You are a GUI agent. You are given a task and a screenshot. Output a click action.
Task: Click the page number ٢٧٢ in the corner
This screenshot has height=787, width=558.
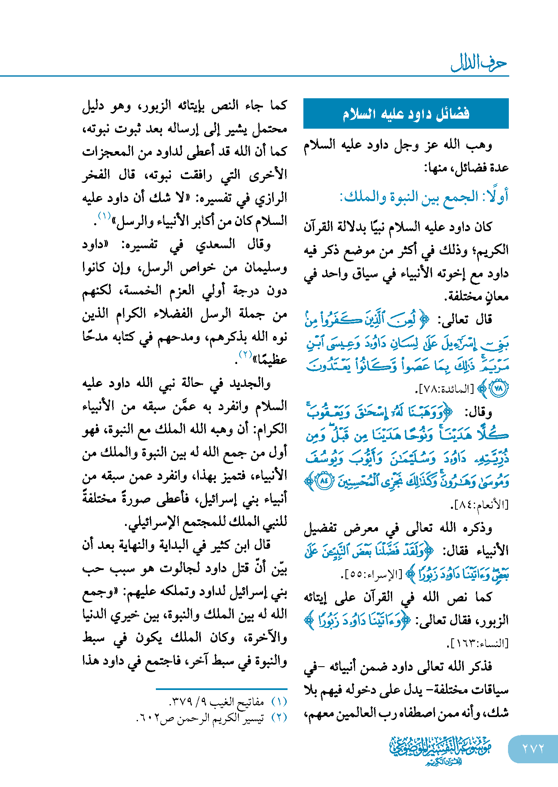(533, 748)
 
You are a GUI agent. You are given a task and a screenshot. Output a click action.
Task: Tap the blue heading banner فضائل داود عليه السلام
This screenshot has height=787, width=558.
(406, 114)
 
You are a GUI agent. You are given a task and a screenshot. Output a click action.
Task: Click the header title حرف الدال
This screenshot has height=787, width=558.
(479, 63)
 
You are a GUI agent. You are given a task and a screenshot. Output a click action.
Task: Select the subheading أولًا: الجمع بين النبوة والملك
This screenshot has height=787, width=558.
(424, 197)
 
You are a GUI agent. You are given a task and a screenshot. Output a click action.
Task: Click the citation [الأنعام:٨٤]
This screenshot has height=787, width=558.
(480, 505)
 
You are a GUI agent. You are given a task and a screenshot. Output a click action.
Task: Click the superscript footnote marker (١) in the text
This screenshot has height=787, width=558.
(104, 216)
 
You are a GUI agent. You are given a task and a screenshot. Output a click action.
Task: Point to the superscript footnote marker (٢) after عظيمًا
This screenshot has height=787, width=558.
(245, 354)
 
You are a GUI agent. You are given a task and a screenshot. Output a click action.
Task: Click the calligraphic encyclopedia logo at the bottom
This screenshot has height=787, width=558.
(440, 749)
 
